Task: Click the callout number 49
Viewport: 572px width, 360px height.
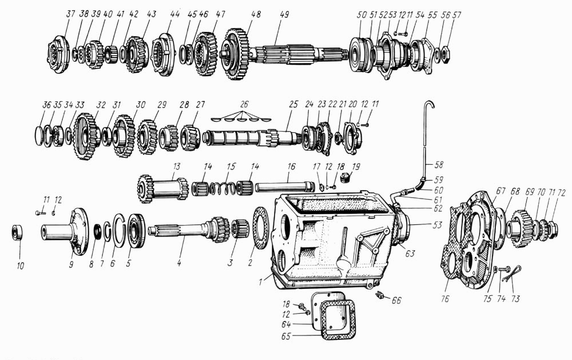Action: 284,14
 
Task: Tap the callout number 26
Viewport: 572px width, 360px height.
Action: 244,104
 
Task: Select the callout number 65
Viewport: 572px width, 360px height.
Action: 286,336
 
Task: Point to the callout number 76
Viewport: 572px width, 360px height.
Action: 444,299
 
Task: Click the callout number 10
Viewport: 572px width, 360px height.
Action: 21,266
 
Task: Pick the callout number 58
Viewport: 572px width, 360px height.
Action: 439,165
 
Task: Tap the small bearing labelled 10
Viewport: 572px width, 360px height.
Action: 17,232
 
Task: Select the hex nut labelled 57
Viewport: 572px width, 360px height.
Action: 446,54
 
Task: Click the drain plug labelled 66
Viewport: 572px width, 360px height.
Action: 380,295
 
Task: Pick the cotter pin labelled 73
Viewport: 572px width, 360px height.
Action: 512,274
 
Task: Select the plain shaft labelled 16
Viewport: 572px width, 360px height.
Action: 284,187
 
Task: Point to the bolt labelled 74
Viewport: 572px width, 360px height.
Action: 504,270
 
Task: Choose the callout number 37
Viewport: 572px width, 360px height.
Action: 70,14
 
